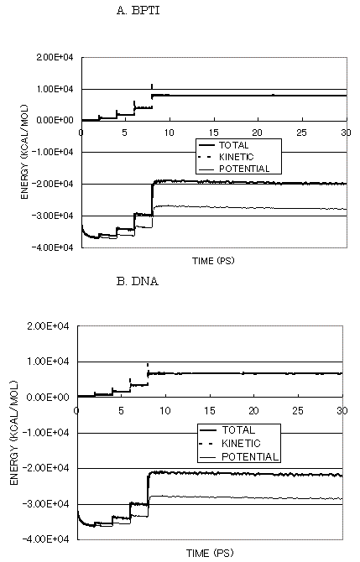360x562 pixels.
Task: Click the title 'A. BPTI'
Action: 138,10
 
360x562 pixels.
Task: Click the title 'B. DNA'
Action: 138,281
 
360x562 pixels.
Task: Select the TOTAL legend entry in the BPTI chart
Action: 234,145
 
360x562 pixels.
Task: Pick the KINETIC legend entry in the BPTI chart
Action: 237,157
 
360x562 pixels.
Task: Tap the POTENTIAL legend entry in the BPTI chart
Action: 244,169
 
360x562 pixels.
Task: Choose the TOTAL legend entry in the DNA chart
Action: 238,429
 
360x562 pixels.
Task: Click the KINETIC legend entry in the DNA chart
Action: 241,444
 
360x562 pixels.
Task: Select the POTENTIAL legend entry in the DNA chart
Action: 250,456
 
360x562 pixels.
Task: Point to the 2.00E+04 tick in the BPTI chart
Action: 55,57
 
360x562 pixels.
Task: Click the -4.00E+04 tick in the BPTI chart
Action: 53,247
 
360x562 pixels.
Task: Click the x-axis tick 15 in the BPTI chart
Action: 213,133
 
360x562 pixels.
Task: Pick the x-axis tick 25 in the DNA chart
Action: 298,410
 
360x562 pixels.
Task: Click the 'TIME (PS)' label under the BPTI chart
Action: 213,261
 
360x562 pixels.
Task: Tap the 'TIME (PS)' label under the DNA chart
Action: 210,553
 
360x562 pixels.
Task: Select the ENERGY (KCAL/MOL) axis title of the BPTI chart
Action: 24,152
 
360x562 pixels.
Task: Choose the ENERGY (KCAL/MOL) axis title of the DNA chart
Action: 14,433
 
